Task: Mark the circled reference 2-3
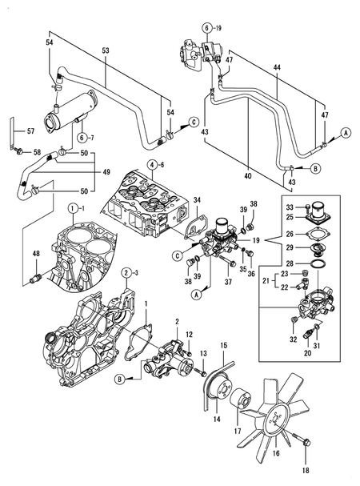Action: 127,274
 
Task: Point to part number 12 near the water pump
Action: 189,334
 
